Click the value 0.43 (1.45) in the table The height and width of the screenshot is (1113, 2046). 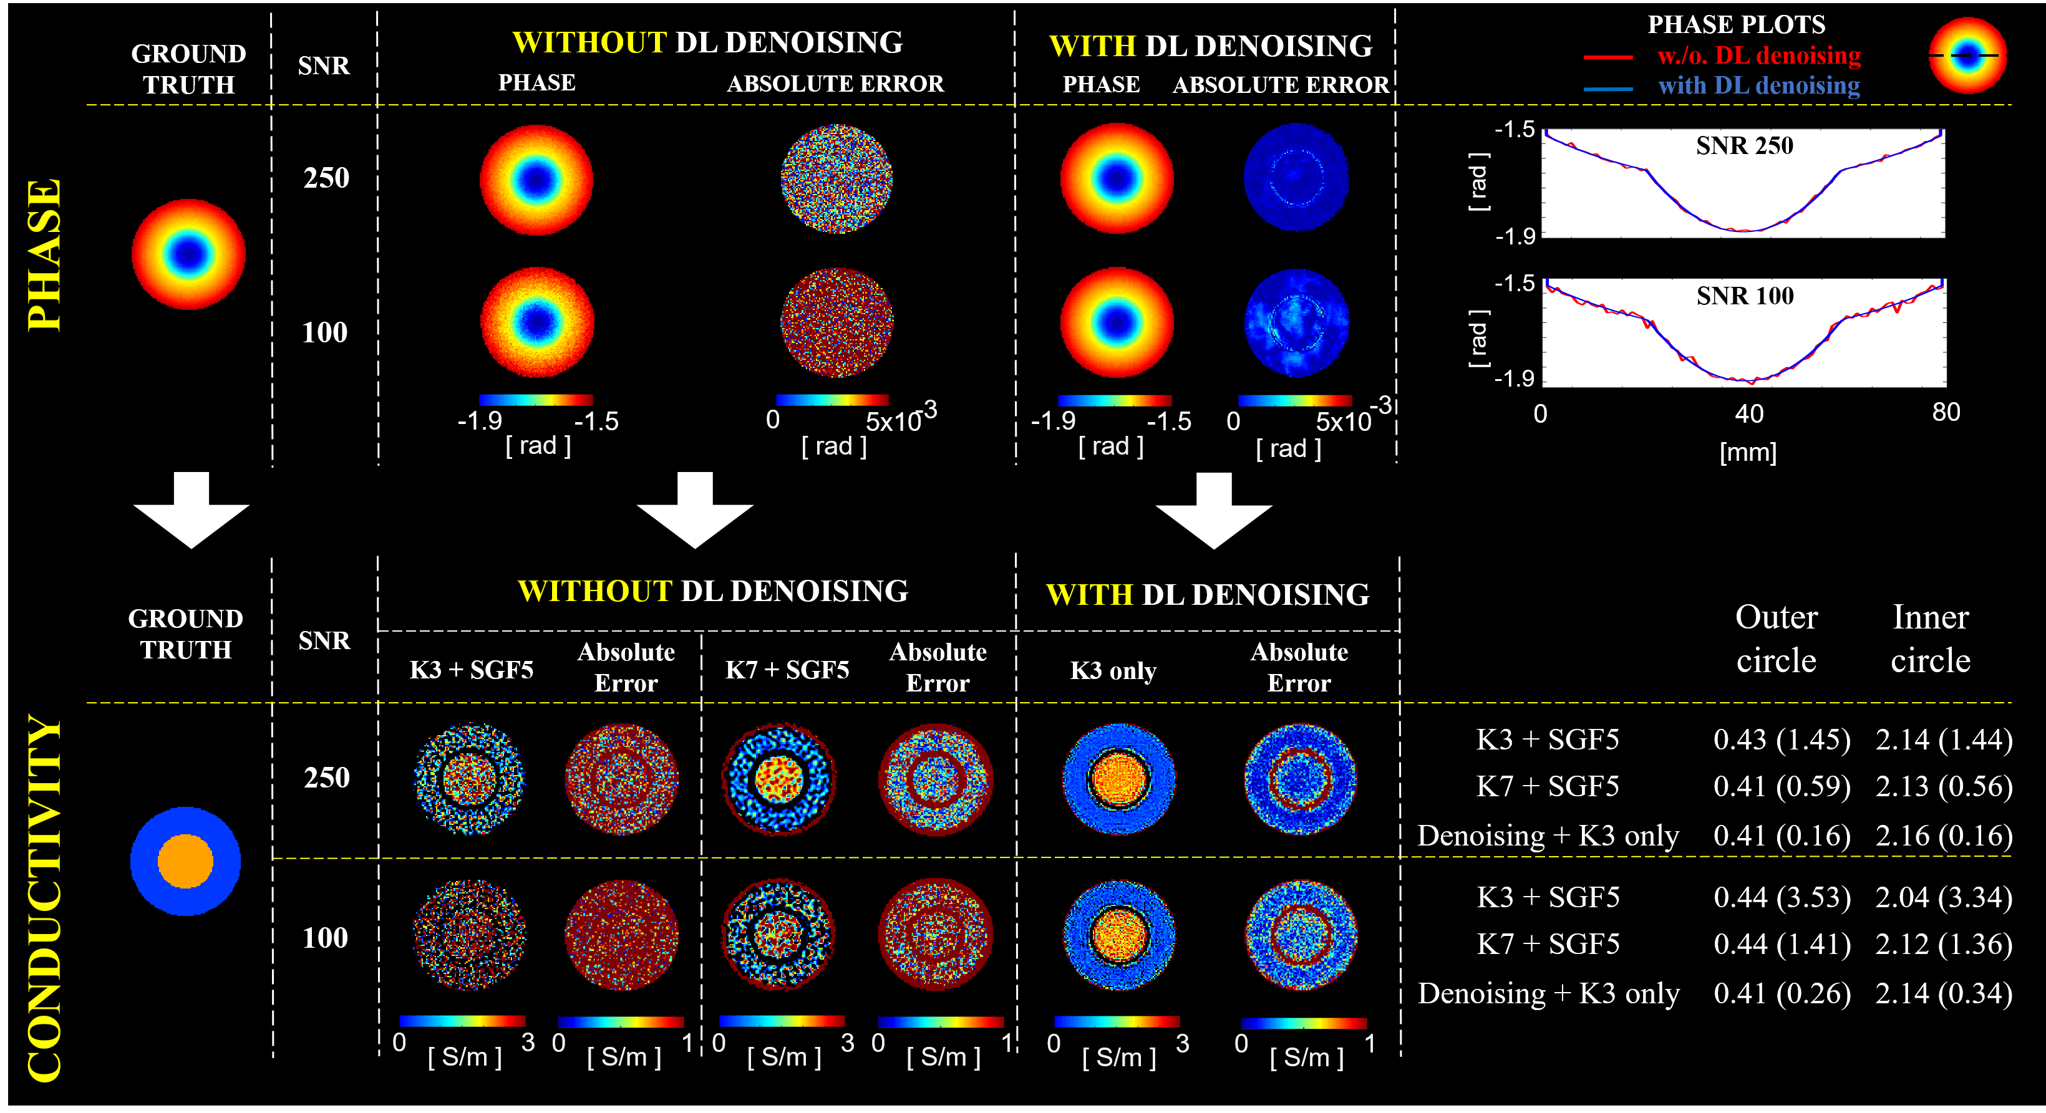pyautogui.click(x=1782, y=740)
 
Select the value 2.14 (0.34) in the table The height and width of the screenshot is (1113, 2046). pyautogui.click(x=1944, y=993)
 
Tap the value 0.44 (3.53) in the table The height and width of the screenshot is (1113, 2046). pyautogui.click(x=1782, y=897)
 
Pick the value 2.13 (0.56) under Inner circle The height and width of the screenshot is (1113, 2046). pyautogui.click(x=1944, y=787)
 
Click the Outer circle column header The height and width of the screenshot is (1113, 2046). pyautogui.click(x=1776, y=638)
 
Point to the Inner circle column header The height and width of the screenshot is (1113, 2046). pyautogui.click(x=1930, y=638)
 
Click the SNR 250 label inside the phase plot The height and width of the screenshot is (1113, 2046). pyautogui.click(x=1744, y=146)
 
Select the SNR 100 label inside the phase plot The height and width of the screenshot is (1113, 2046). pyautogui.click(x=1744, y=296)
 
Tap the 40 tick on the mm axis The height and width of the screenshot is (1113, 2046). pyautogui.click(x=1749, y=413)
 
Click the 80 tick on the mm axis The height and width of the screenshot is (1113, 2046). pyautogui.click(x=1946, y=412)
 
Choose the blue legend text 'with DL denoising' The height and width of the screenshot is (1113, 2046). pyautogui.click(x=1758, y=86)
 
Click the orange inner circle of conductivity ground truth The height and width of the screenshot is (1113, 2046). pyautogui.click(x=185, y=861)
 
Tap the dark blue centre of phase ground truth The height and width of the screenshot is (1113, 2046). pyautogui.click(x=188, y=254)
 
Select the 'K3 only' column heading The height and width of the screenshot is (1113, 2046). pyautogui.click(x=1113, y=671)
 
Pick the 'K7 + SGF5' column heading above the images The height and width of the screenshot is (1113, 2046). pyautogui.click(x=787, y=670)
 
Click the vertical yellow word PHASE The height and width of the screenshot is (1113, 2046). pyautogui.click(x=44, y=255)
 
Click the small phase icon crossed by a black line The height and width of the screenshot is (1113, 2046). pyautogui.click(x=1967, y=55)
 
